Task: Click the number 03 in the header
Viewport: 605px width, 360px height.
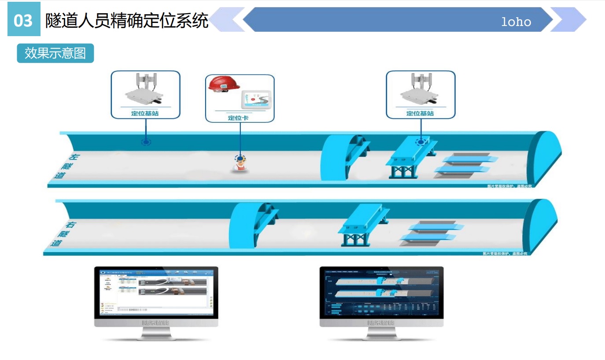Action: coord(23,20)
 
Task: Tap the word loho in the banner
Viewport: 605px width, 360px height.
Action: coord(516,22)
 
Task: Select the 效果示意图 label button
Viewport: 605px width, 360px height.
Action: coord(55,53)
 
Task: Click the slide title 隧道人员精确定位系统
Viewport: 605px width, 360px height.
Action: coord(127,20)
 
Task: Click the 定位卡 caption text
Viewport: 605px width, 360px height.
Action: coord(239,118)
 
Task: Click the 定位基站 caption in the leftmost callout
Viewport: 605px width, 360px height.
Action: coord(145,113)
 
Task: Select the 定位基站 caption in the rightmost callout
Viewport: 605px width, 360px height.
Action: coord(420,113)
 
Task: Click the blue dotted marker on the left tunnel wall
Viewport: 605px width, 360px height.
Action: coord(145,142)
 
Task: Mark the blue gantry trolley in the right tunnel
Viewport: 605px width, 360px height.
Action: coord(362,225)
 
